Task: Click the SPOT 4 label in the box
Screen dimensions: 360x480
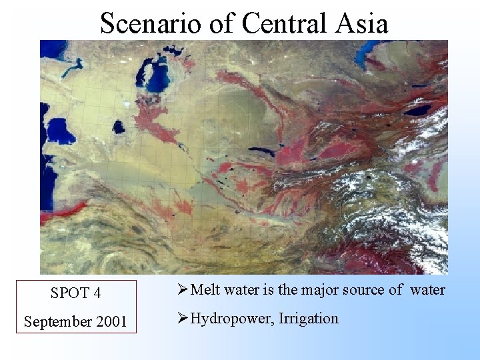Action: [x=76, y=293]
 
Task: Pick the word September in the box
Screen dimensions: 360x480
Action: [x=57, y=322]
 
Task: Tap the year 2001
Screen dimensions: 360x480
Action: [x=110, y=322]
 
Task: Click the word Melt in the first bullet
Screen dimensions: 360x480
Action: [x=206, y=289]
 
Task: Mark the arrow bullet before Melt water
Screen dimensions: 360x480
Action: [x=183, y=289]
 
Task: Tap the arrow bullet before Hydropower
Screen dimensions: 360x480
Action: [x=183, y=318]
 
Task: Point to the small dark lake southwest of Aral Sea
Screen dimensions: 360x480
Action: [x=119, y=127]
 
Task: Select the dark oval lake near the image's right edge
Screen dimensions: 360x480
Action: [x=418, y=111]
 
